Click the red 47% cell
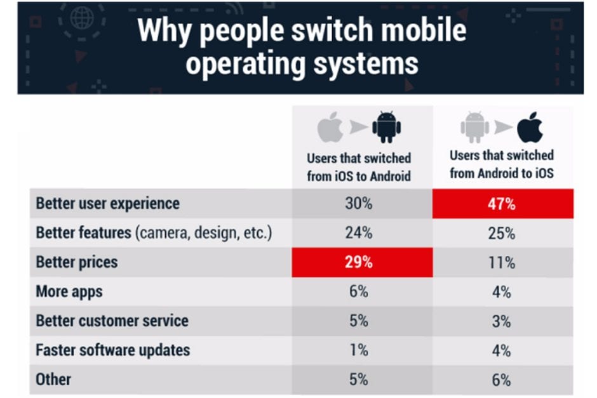pyautogui.click(x=502, y=204)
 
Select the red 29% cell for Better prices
pyautogui.click(x=359, y=262)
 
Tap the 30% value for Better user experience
pyautogui.click(x=359, y=204)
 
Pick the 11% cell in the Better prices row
pyautogui.click(x=502, y=262)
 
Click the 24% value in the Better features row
pyautogui.click(x=359, y=233)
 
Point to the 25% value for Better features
pyautogui.click(x=502, y=233)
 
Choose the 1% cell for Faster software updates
pyautogui.click(x=359, y=350)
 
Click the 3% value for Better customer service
pyautogui.click(x=502, y=321)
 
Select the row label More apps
pyautogui.click(x=69, y=291)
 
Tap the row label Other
pyautogui.click(x=53, y=380)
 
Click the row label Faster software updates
pyautogui.click(x=112, y=350)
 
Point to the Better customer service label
pyautogui.click(x=112, y=321)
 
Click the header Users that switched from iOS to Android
pyautogui.click(x=359, y=167)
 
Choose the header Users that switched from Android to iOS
pyautogui.click(x=502, y=164)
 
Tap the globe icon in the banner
pyautogui.click(x=82, y=18)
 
